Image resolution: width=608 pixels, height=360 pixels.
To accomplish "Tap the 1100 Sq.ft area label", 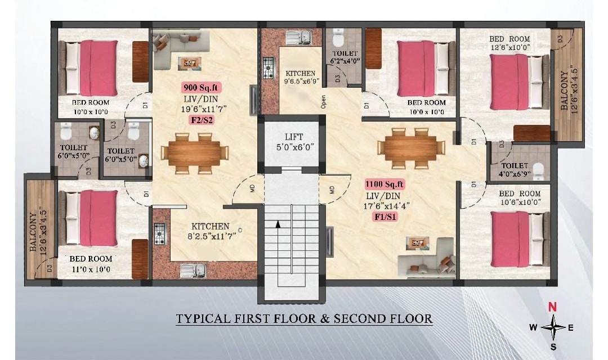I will click(x=385, y=184).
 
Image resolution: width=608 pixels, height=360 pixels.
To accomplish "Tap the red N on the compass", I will click(x=553, y=307).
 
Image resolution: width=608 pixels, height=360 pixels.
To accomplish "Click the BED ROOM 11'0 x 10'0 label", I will click(x=91, y=264).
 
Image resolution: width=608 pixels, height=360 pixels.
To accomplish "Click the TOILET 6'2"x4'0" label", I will click(x=345, y=57).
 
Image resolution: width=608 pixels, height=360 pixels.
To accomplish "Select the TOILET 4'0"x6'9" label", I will click(x=515, y=170).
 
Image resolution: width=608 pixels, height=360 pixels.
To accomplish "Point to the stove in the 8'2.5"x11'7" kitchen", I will click(x=160, y=235).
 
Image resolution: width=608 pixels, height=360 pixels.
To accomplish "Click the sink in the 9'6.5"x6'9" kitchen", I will click(x=299, y=38).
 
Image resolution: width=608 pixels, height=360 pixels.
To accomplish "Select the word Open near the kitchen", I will click(x=323, y=101).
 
